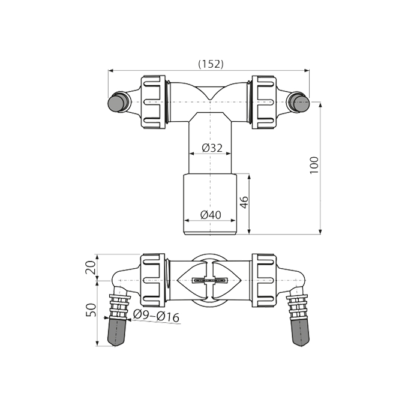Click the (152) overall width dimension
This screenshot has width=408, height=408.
tap(211, 64)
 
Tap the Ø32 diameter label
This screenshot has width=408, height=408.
tap(212, 148)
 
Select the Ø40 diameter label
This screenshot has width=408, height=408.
tap(211, 215)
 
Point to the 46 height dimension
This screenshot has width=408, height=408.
tap(244, 202)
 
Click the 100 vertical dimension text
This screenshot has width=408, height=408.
tap(314, 165)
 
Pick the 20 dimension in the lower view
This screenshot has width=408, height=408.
tap(91, 268)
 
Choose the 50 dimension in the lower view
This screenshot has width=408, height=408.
tap(91, 310)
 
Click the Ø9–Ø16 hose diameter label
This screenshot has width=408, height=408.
tap(157, 316)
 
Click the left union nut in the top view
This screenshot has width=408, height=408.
tap(154, 102)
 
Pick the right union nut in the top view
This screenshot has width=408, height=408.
tap(264, 102)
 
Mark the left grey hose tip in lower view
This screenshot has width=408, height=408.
tap(116, 332)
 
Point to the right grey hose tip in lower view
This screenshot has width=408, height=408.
tap(301, 332)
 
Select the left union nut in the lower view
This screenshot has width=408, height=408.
tap(153, 280)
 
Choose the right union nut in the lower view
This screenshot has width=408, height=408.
tap(264, 280)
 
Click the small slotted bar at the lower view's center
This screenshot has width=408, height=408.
tap(209, 280)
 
